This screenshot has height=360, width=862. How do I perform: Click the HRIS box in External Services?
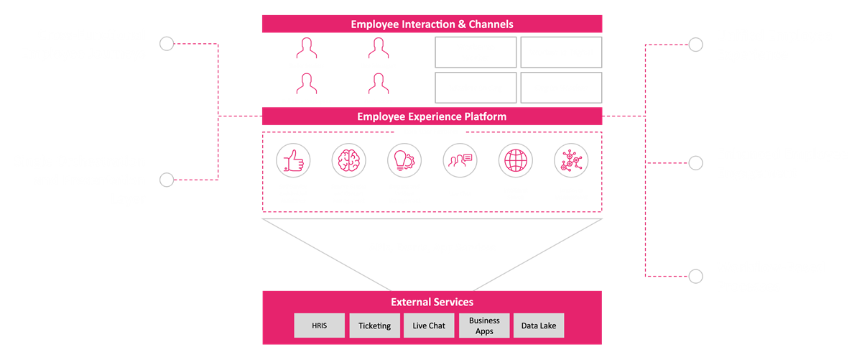320,326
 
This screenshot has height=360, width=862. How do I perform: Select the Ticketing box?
374,326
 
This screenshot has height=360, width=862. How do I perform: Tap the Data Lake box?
539,326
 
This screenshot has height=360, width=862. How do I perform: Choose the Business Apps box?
484,326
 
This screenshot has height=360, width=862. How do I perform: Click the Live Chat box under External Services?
429,326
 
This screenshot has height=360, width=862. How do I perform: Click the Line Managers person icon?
378,50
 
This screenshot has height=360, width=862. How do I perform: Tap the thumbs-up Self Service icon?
292,159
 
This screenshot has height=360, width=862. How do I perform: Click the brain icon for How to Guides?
348,159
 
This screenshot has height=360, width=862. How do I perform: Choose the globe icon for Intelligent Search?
515,159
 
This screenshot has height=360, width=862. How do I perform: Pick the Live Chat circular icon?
460,159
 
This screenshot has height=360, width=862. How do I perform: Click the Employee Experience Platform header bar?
432,116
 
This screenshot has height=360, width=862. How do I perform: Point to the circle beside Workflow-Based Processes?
695,275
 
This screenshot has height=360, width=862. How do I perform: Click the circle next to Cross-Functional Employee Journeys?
167,44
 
